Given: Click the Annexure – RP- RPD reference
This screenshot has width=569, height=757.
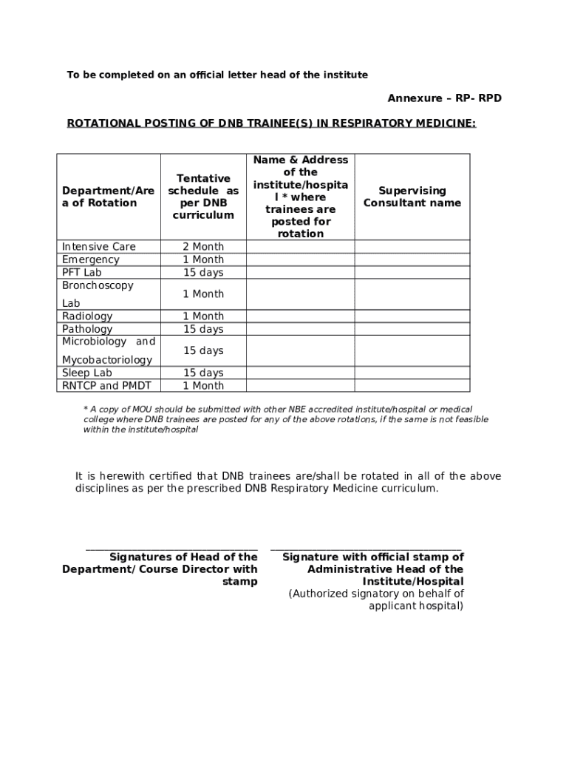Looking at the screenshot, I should click(x=444, y=98).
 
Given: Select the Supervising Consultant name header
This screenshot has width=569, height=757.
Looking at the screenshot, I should click(x=412, y=197).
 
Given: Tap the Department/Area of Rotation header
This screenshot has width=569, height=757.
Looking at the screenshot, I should click(x=108, y=197).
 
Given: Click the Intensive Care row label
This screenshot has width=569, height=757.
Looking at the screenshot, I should click(x=99, y=247).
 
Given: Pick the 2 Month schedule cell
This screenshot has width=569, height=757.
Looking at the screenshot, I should click(x=203, y=247).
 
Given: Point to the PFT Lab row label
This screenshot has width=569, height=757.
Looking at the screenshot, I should click(x=82, y=273).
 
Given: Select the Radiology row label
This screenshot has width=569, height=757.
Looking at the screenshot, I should click(x=87, y=316).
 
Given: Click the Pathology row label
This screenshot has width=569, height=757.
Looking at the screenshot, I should click(x=87, y=329).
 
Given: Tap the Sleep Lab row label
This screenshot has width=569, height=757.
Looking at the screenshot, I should click(x=87, y=373).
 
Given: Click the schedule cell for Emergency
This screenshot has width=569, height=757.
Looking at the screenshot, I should click(x=203, y=259).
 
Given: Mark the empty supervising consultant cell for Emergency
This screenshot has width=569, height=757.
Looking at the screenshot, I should click(x=412, y=259).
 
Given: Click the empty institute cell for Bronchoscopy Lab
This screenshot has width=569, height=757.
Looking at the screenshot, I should click(x=300, y=294).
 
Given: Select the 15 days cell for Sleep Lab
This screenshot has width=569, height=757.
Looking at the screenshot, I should click(x=203, y=373).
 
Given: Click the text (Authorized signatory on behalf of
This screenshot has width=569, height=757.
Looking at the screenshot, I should click(x=376, y=594).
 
